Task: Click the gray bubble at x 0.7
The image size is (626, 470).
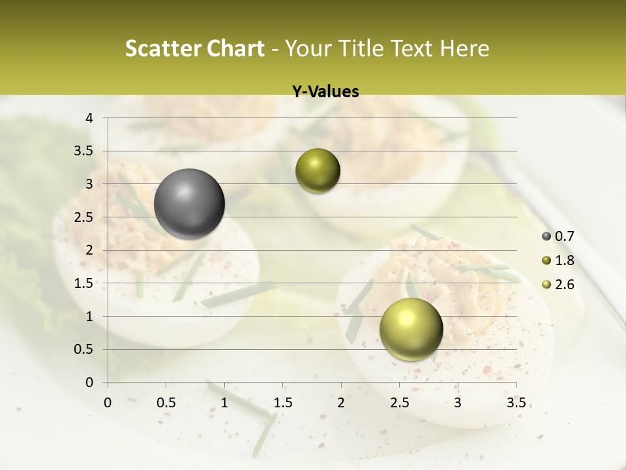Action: click(190, 204)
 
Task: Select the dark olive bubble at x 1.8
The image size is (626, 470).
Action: click(318, 171)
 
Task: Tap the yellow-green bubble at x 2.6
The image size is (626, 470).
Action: click(411, 329)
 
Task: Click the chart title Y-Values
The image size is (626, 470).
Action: click(325, 92)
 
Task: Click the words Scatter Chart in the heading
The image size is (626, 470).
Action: click(194, 48)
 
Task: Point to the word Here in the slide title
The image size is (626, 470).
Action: click(464, 48)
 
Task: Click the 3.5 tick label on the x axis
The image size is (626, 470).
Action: click(516, 403)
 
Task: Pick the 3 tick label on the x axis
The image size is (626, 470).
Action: click(458, 403)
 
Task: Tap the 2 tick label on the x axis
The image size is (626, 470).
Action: click(341, 403)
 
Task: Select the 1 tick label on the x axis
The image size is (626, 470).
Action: click(224, 403)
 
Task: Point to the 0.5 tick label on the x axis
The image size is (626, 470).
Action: click(166, 403)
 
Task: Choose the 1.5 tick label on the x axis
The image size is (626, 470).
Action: click(282, 403)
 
